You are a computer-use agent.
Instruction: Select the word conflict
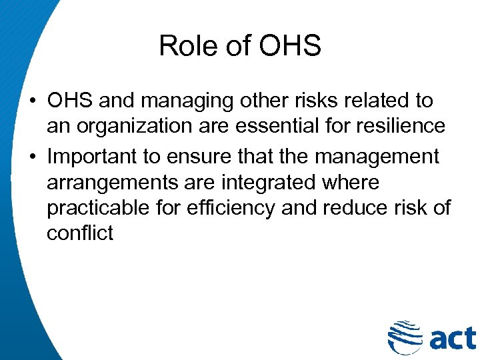tap(80, 233)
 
